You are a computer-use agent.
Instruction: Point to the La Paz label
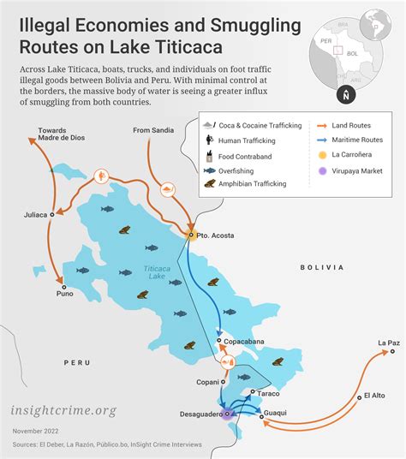coord(388,343)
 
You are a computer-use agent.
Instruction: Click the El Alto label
coord(373,396)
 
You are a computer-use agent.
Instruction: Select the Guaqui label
coord(276,413)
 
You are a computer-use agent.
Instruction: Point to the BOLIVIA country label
coord(321,268)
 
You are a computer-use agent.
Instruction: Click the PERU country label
coord(77,363)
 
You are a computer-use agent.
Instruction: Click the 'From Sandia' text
coord(153,130)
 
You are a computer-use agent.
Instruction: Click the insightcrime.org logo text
coord(64,410)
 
